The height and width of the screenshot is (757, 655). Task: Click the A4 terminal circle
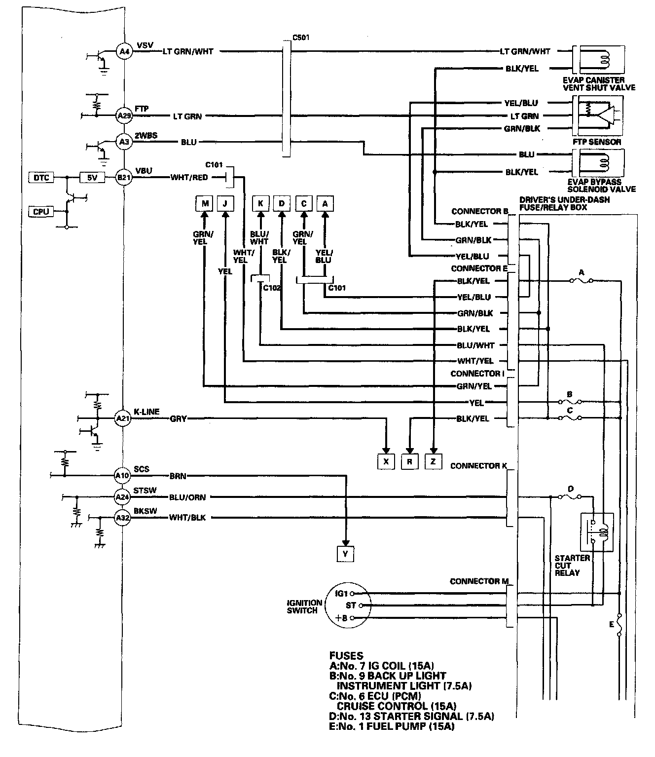[123, 51]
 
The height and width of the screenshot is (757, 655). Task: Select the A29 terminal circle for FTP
[123, 116]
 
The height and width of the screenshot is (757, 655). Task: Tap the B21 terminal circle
[123, 177]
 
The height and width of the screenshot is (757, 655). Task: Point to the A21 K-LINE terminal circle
[123, 418]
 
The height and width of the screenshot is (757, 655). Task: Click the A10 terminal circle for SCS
[122, 476]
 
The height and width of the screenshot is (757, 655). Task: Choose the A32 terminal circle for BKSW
[122, 518]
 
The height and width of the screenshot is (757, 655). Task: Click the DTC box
[42, 177]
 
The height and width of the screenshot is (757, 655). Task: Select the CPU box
[41, 212]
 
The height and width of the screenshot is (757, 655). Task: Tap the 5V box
[92, 177]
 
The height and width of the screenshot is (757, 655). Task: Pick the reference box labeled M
[204, 203]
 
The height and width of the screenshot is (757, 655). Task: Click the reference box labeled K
[260, 203]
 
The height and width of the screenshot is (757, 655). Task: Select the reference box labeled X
[386, 461]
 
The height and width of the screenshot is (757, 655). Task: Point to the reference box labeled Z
[433, 461]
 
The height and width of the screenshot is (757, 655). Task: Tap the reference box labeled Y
[345, 554]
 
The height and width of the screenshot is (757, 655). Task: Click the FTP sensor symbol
[598, 116]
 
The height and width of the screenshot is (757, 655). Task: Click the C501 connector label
[301, 37]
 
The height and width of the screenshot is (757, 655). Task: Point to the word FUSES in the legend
[346, 656]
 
